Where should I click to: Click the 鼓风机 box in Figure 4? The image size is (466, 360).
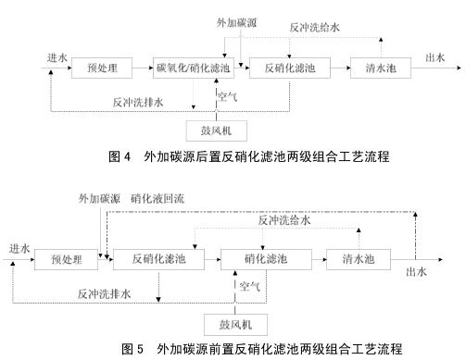coord(218,129)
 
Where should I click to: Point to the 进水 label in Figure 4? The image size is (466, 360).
coord(57,57)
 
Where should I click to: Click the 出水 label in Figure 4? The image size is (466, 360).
coord(434,56)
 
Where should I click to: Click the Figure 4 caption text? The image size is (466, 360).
coord(233,157)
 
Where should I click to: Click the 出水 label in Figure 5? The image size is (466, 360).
coord(417,271)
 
